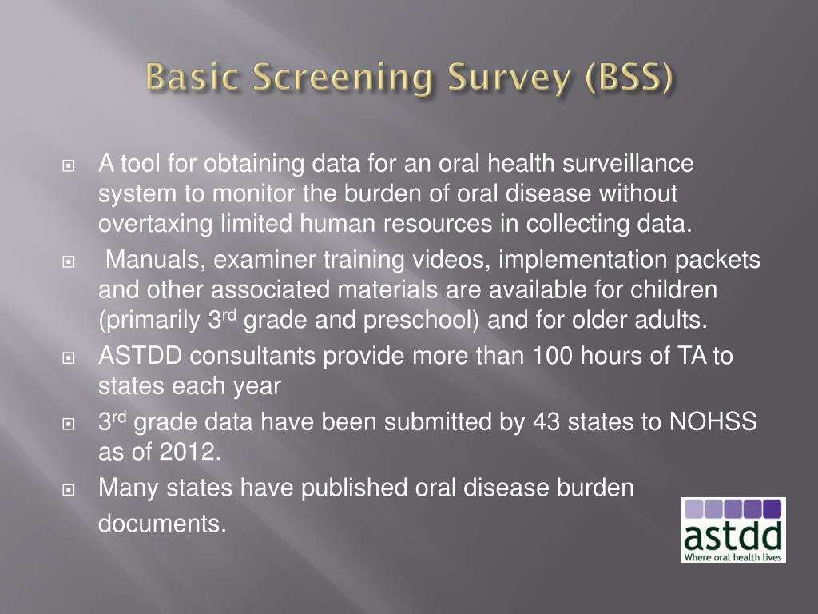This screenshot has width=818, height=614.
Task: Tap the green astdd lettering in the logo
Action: coord(733,533)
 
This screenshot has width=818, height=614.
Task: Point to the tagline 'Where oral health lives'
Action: coord(733,556)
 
